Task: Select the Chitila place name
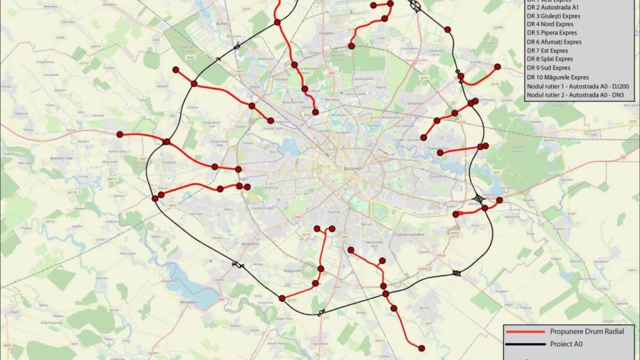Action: (255, 87)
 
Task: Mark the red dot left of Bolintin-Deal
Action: (120, 135)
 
